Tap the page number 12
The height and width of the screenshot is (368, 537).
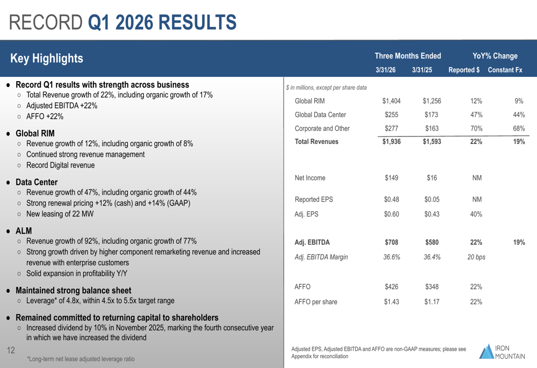pos(11,351)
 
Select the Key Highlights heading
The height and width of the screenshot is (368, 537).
pos(47,59)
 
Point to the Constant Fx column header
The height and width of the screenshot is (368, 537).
pos(504,70)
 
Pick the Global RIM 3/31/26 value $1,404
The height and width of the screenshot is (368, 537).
pos(391,101)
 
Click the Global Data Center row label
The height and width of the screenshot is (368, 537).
pos(321,114)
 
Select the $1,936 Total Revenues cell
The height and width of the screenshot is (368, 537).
pos(391,142)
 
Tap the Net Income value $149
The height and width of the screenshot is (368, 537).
pos(391,178)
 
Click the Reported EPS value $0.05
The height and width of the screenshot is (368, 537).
pos(432,200)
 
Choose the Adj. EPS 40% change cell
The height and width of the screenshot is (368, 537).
pos(476,214)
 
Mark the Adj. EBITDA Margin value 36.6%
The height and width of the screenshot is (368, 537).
pos(391,257)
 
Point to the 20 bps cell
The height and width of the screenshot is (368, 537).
pos(476,257)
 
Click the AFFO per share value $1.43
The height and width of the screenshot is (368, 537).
pos(391,301)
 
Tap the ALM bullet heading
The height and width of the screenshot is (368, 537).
pos(24,230)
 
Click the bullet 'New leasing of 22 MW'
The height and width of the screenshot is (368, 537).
pos(60,214)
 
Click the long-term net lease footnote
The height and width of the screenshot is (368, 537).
pos(81,359)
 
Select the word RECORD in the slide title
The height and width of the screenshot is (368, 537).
pos(46,22)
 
